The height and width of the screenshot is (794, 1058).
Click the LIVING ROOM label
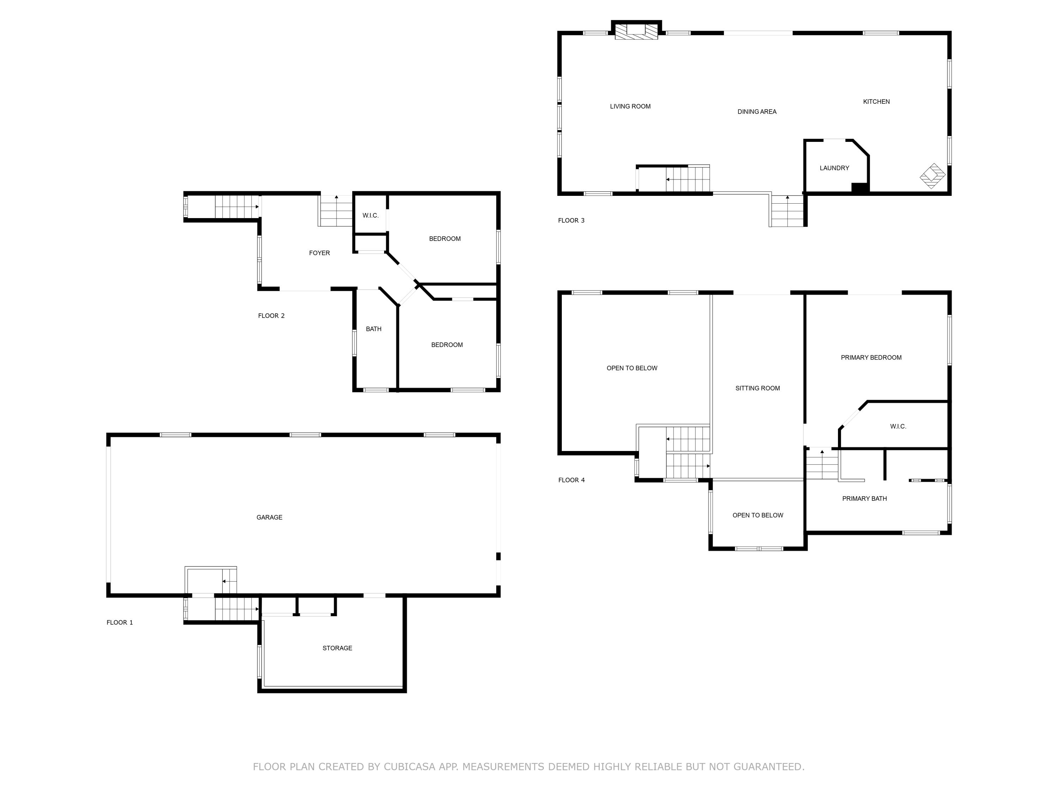click(630, 106)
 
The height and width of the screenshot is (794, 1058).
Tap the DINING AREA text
click(757, 112)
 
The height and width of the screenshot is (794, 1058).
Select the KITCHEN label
click(876, 102)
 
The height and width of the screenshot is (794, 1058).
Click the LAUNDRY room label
click(834, 168)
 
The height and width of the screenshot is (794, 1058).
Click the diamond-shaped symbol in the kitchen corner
click(932, 176)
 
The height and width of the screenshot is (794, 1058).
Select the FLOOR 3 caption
click(571, 220)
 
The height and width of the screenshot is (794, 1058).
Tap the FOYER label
click(319, 253)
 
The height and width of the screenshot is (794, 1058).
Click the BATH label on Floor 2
click(373, 329)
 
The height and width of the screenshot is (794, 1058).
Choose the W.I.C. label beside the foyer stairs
click(370, 215)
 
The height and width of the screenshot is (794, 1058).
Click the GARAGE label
click(269, 517)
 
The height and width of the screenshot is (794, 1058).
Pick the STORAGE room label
click(337, 648)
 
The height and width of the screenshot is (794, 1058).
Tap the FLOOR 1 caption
click(120, 622)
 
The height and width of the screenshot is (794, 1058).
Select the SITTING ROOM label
click(757, 388)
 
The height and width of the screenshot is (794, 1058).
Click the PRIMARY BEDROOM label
click(871, 357)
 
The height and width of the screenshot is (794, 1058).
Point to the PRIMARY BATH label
click(864, 498)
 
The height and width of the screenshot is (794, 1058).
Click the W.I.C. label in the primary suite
click(898, 426)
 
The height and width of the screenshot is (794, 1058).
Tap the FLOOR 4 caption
click(571, 480)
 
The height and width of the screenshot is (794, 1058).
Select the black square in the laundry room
click(859, 188)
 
